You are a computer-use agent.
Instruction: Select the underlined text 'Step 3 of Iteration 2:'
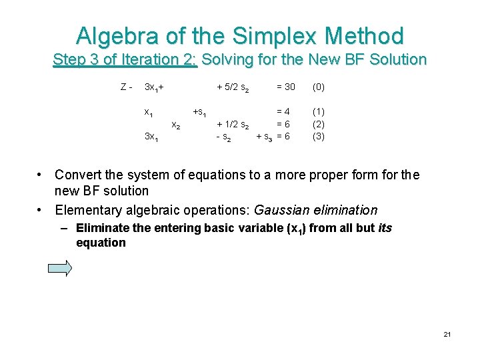(x=125, y=59)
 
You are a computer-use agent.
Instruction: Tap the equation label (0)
(x=319, y=87)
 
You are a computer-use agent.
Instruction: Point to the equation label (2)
(x=319, y=124)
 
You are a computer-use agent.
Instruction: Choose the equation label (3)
(x=319, y=136)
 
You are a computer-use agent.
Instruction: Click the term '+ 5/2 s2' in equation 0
(x=233, y=88)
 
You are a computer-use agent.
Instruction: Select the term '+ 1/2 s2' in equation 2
(x=233, y=125)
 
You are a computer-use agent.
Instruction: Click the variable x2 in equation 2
(x=175, y=125)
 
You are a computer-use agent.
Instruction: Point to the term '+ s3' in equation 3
(x=264, y=137)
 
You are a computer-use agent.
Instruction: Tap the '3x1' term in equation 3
(x=151, y=137)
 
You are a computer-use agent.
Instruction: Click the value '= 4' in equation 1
(x=283, y=112)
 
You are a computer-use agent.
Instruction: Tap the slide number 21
(x=447, y=334)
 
